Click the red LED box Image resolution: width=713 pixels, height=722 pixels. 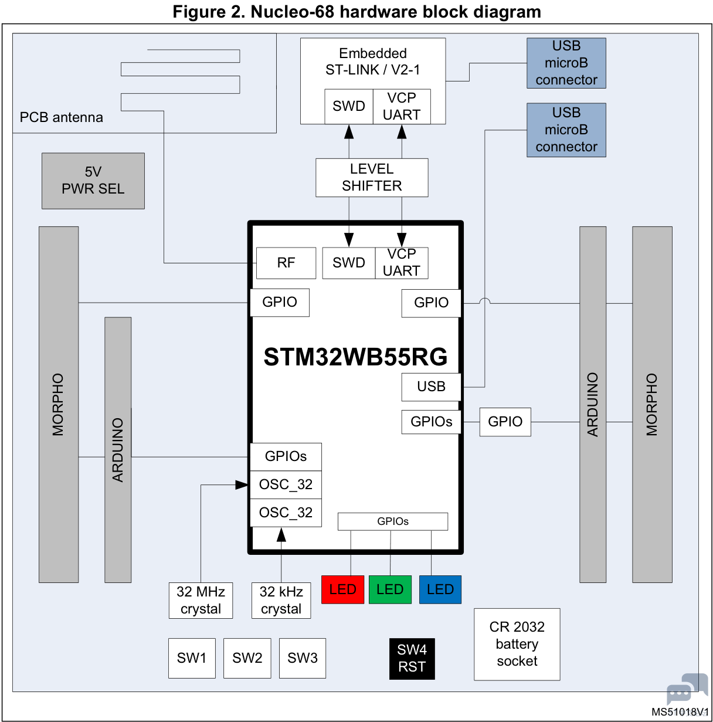tap(342, 589)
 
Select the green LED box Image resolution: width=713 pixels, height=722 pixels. tap(390, 589)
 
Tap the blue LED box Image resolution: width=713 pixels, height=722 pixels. tap(440, 589)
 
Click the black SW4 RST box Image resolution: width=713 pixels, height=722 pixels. tap(412, 659)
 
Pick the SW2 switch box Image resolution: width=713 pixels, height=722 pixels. tap(247, 658)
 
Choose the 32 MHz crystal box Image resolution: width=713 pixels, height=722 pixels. tap(201, 600)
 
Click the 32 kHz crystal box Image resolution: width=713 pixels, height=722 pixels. tap(281, 600)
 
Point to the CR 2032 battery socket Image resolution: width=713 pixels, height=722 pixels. tap(517, 644)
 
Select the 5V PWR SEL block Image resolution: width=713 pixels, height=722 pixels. tap(93, 181)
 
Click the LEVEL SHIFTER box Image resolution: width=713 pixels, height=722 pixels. tap(372, 178)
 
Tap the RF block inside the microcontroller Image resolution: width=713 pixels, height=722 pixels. tap(286, 263)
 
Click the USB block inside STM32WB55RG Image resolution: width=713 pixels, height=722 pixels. tap(431, 387)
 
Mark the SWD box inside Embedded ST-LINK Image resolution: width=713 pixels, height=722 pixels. tap(349, 106)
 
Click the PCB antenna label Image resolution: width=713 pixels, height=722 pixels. tap(61, 117)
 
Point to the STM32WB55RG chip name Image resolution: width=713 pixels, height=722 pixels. tap(355, 357)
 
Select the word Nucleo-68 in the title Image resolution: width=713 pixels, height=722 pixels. tap(292, 12)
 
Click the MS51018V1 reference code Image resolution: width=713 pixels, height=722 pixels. tap(680, 711)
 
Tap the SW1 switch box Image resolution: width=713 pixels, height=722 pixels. tap(192, 658)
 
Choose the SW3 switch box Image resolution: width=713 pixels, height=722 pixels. tap(303, 658)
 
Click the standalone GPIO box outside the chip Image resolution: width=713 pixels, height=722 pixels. tap(505, 422)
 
